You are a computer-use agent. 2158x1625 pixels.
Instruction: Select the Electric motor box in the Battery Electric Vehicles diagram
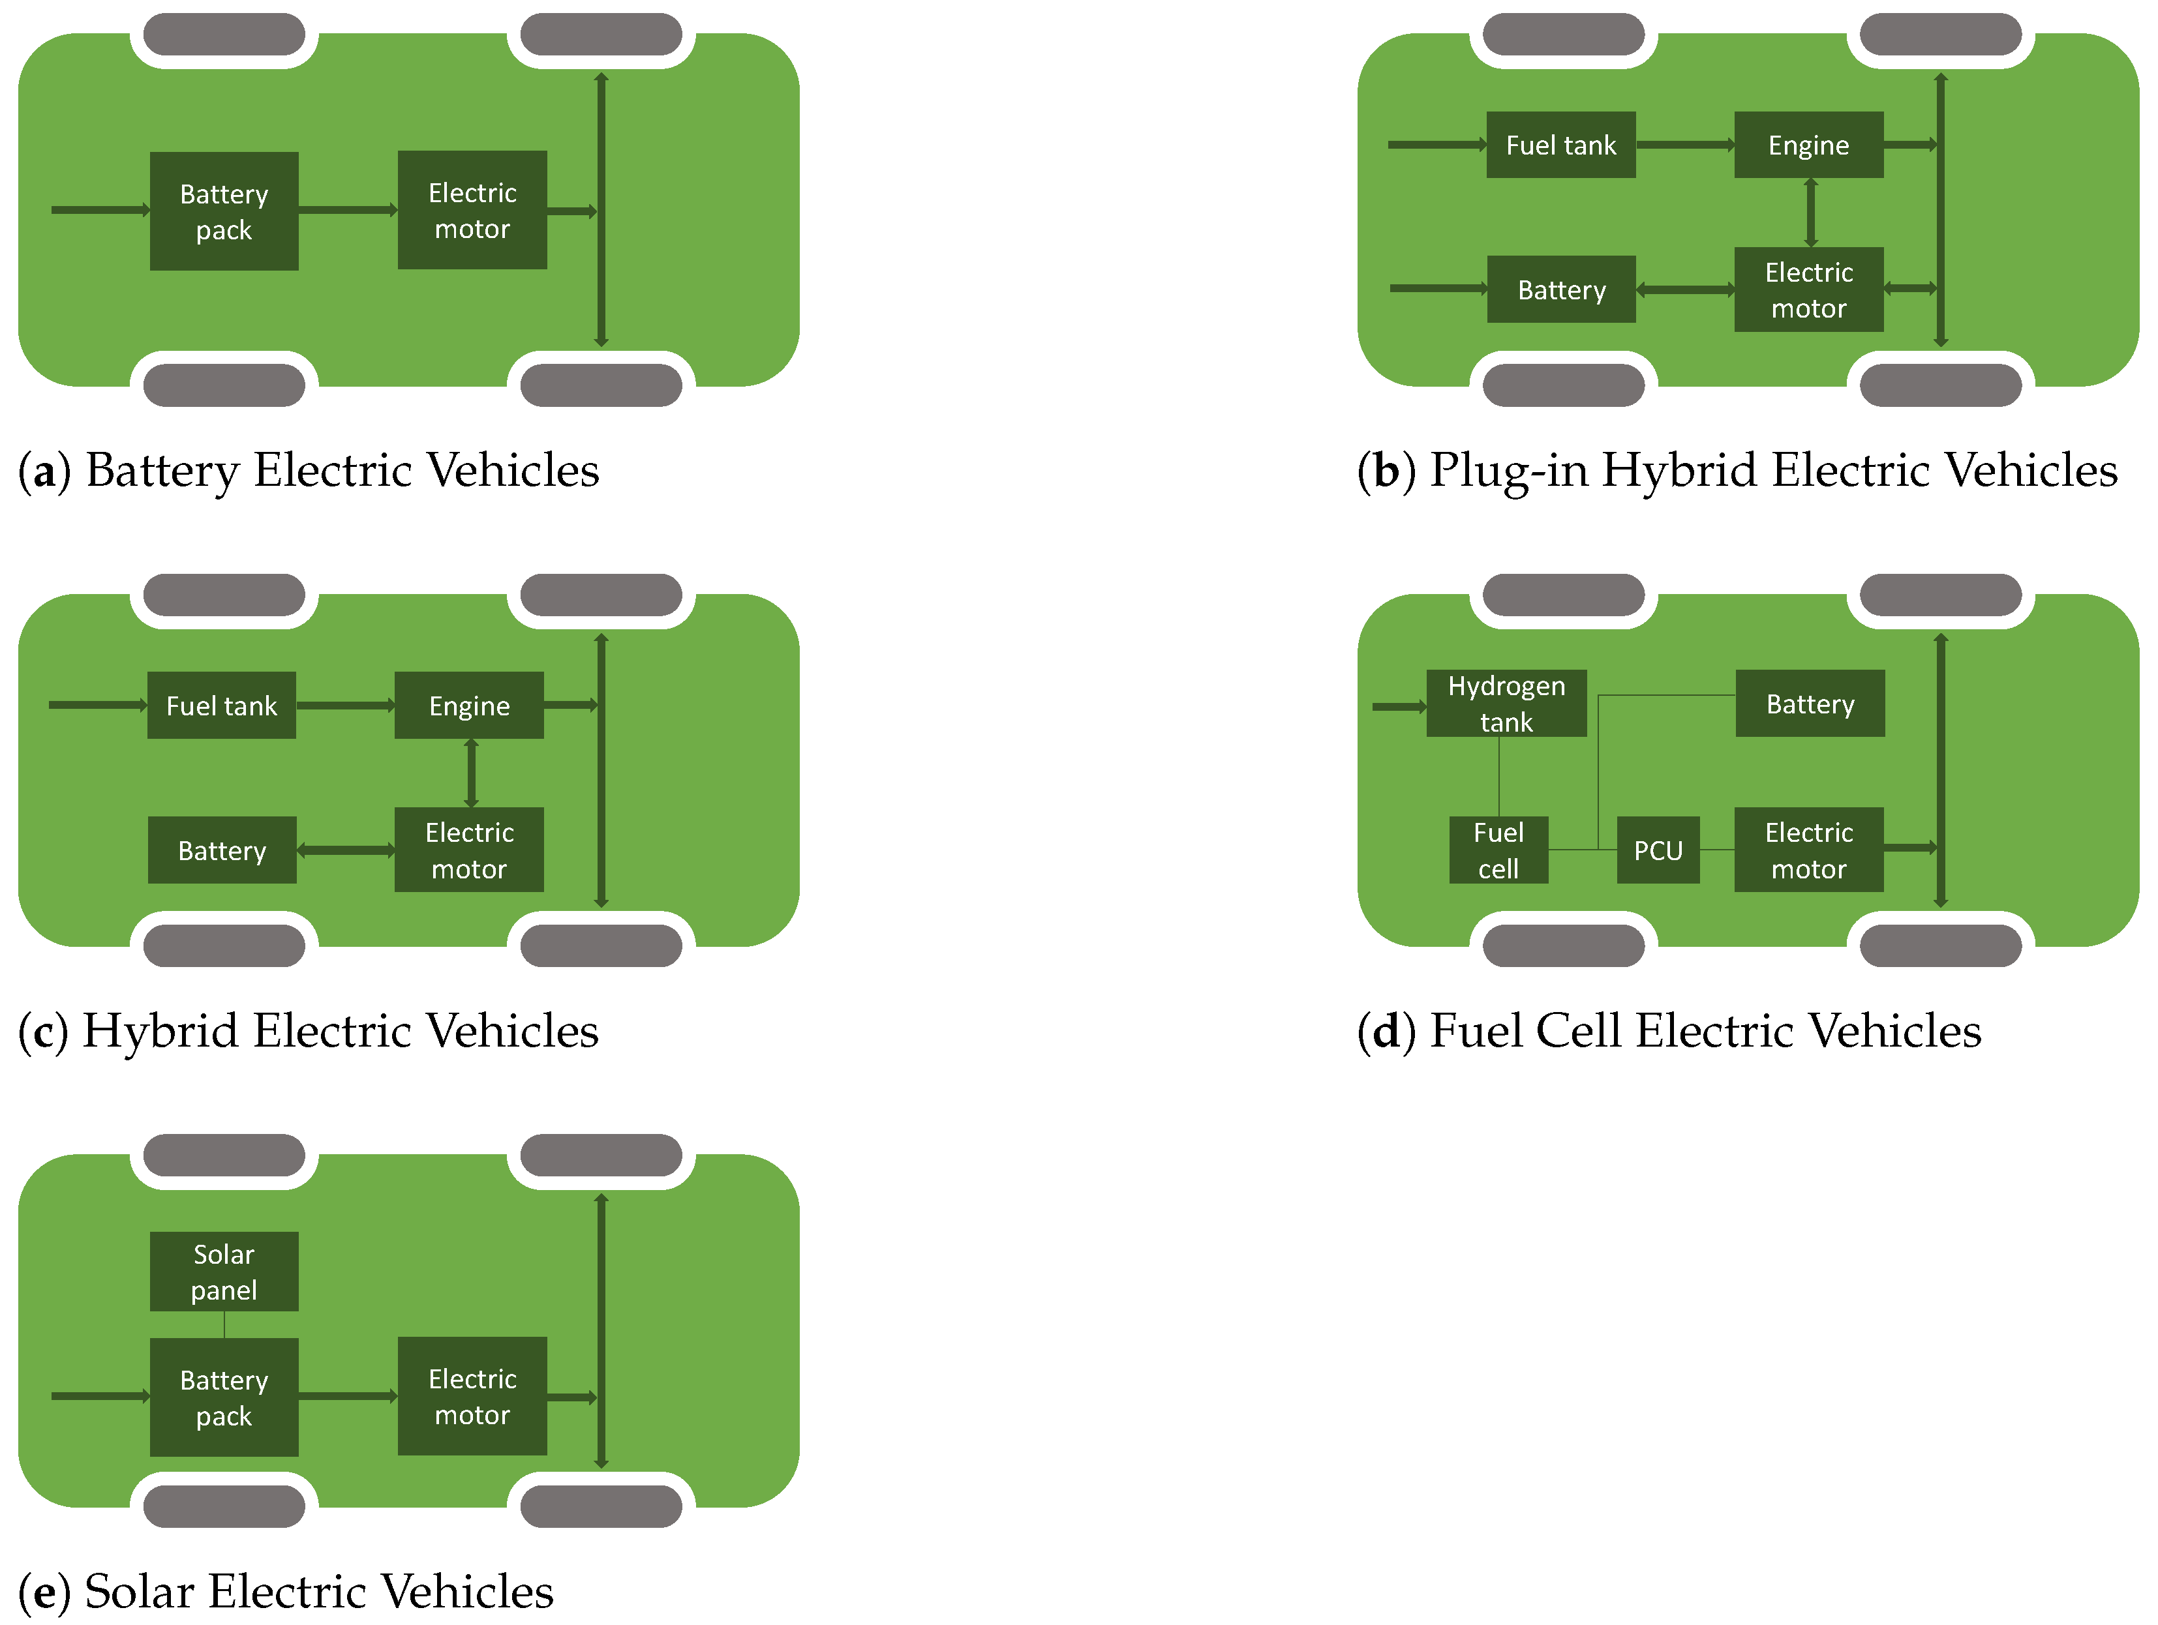click(472, 210)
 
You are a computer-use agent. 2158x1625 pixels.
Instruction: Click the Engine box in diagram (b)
click(1808, 144)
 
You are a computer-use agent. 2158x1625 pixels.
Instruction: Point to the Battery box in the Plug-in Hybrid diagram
click(1561, 289)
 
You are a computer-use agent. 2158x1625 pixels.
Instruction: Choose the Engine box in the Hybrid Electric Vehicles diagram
click(468, 704)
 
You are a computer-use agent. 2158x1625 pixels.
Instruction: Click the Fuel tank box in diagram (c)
click(221, 704)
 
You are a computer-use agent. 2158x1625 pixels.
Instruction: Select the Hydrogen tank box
click(1506, 702)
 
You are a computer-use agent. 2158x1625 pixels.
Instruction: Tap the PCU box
click(1658, 850)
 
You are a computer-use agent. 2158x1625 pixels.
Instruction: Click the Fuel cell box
click(1498, 850)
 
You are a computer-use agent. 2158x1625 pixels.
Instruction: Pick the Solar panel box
click(223, 1271)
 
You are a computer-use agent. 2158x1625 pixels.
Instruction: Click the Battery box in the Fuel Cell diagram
click(1810, 702)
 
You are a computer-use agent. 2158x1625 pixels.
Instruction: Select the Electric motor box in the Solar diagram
click(472, 1395)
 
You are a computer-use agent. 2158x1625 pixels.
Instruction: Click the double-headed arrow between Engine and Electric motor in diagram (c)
click(471, 773)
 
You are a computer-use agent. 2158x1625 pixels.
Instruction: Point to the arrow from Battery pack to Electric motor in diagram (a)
click(347, 210)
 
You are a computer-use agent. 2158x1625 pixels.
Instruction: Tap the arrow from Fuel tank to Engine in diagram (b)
click(1685, 144)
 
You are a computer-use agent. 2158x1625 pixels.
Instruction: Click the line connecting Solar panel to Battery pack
click(224, 1324)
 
